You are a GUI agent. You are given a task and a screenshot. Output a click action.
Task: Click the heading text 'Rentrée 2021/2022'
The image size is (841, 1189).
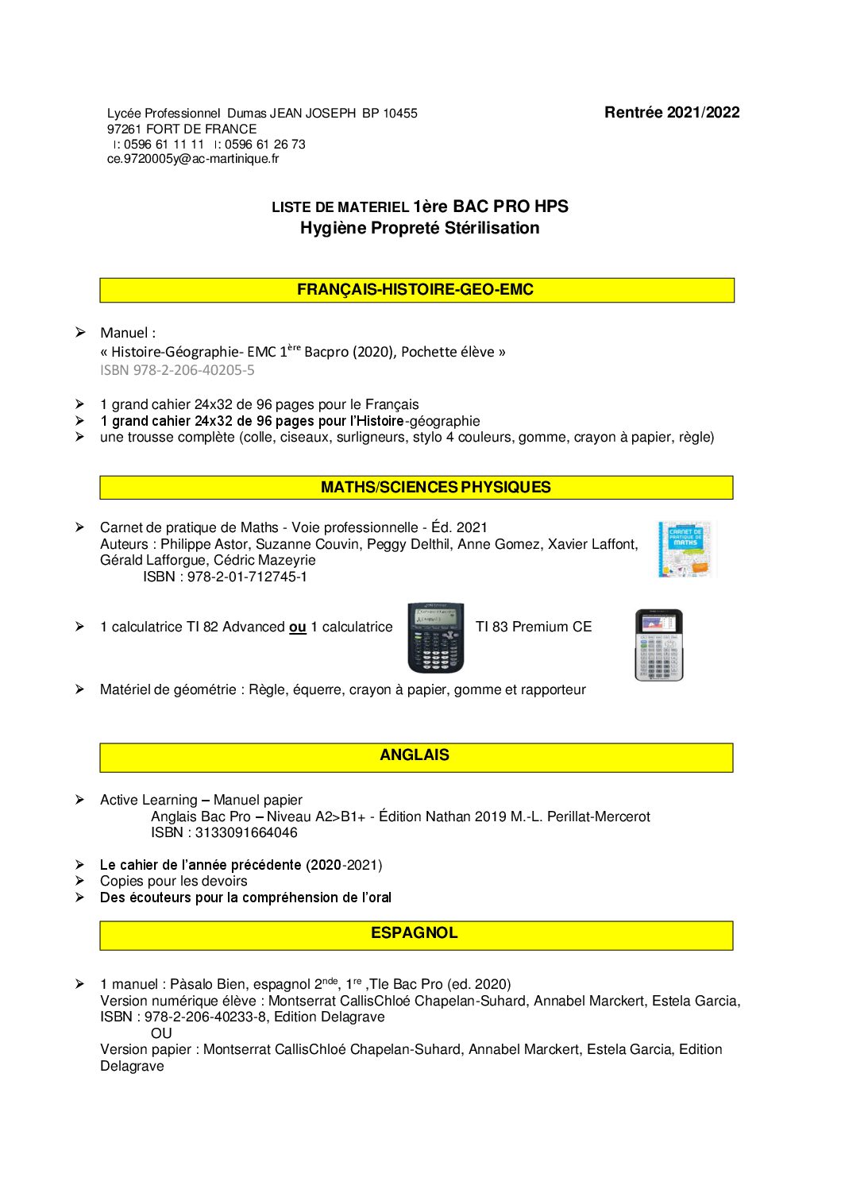[x=671, y=113]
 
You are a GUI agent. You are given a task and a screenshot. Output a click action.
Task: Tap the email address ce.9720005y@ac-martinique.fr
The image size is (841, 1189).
[x=193, y=159]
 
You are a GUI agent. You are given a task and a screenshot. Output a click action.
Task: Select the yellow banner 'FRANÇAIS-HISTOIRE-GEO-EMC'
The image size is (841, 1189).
[x=416, y=290]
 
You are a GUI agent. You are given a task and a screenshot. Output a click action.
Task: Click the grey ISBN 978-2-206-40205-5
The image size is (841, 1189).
[x=177, y=370]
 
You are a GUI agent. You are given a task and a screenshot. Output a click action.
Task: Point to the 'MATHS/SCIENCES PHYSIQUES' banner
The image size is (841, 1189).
[x=416, y=487]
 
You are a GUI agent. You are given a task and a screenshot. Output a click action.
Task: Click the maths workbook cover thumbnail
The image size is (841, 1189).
[x=685, y=549]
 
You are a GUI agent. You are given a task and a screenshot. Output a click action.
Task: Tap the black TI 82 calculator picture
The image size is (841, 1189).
[x=435, y=638]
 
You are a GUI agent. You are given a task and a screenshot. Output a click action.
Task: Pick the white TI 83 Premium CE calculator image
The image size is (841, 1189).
[x=658, y=645]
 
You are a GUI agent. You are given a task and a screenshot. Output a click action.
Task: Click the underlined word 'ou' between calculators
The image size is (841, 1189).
[x=298, y=627]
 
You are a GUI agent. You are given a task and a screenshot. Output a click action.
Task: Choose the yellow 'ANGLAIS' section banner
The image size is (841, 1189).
[x=416, y=756]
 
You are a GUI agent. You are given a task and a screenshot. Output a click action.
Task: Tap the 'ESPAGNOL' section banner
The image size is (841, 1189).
[x=416, y=934]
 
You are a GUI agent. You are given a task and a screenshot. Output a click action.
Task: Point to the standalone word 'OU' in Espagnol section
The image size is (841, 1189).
[x=161, y=1033]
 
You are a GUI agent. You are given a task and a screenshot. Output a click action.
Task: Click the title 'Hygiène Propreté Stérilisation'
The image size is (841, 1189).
[x=419, y=229]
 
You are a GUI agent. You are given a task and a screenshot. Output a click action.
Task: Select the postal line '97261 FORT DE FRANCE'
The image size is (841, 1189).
[x=182, y=129]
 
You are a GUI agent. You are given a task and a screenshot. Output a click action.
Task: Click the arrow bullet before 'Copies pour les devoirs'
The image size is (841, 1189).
[x=79, y=881]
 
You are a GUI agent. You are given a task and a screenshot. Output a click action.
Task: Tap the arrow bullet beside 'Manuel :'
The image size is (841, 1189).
[x=79, y=332]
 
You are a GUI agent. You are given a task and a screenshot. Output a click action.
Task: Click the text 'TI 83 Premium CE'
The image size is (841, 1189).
[x=534, y=627]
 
